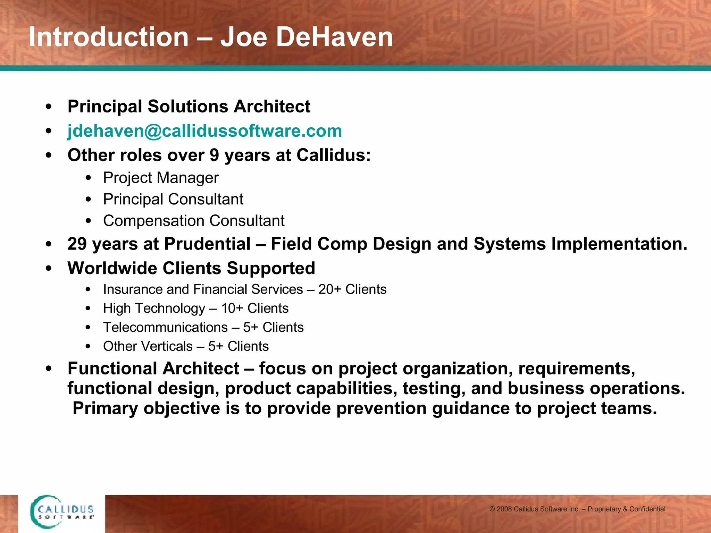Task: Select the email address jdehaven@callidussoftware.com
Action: click(x=204, y=131)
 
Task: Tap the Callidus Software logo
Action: click(x=62, y=512)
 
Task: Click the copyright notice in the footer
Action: click(x=577, y=509)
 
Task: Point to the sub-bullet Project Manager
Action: click(x=161, y=178)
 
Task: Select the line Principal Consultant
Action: click(x=173, y=199)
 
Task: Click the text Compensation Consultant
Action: click(x=193, y=221)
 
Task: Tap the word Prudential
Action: click(x=207, y=244)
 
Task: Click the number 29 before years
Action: click(x=77, y=244)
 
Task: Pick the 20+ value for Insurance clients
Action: click(x=330, y=289)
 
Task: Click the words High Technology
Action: click(x=154, y=308)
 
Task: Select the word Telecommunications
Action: click(x=165, y=327)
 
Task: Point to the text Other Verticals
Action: click(x=148, y=346)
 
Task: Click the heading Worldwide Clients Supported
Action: click(x=191, y=268)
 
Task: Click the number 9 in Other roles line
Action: click(x=214, y=155)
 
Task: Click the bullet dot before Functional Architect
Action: click(x=49, y=369)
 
